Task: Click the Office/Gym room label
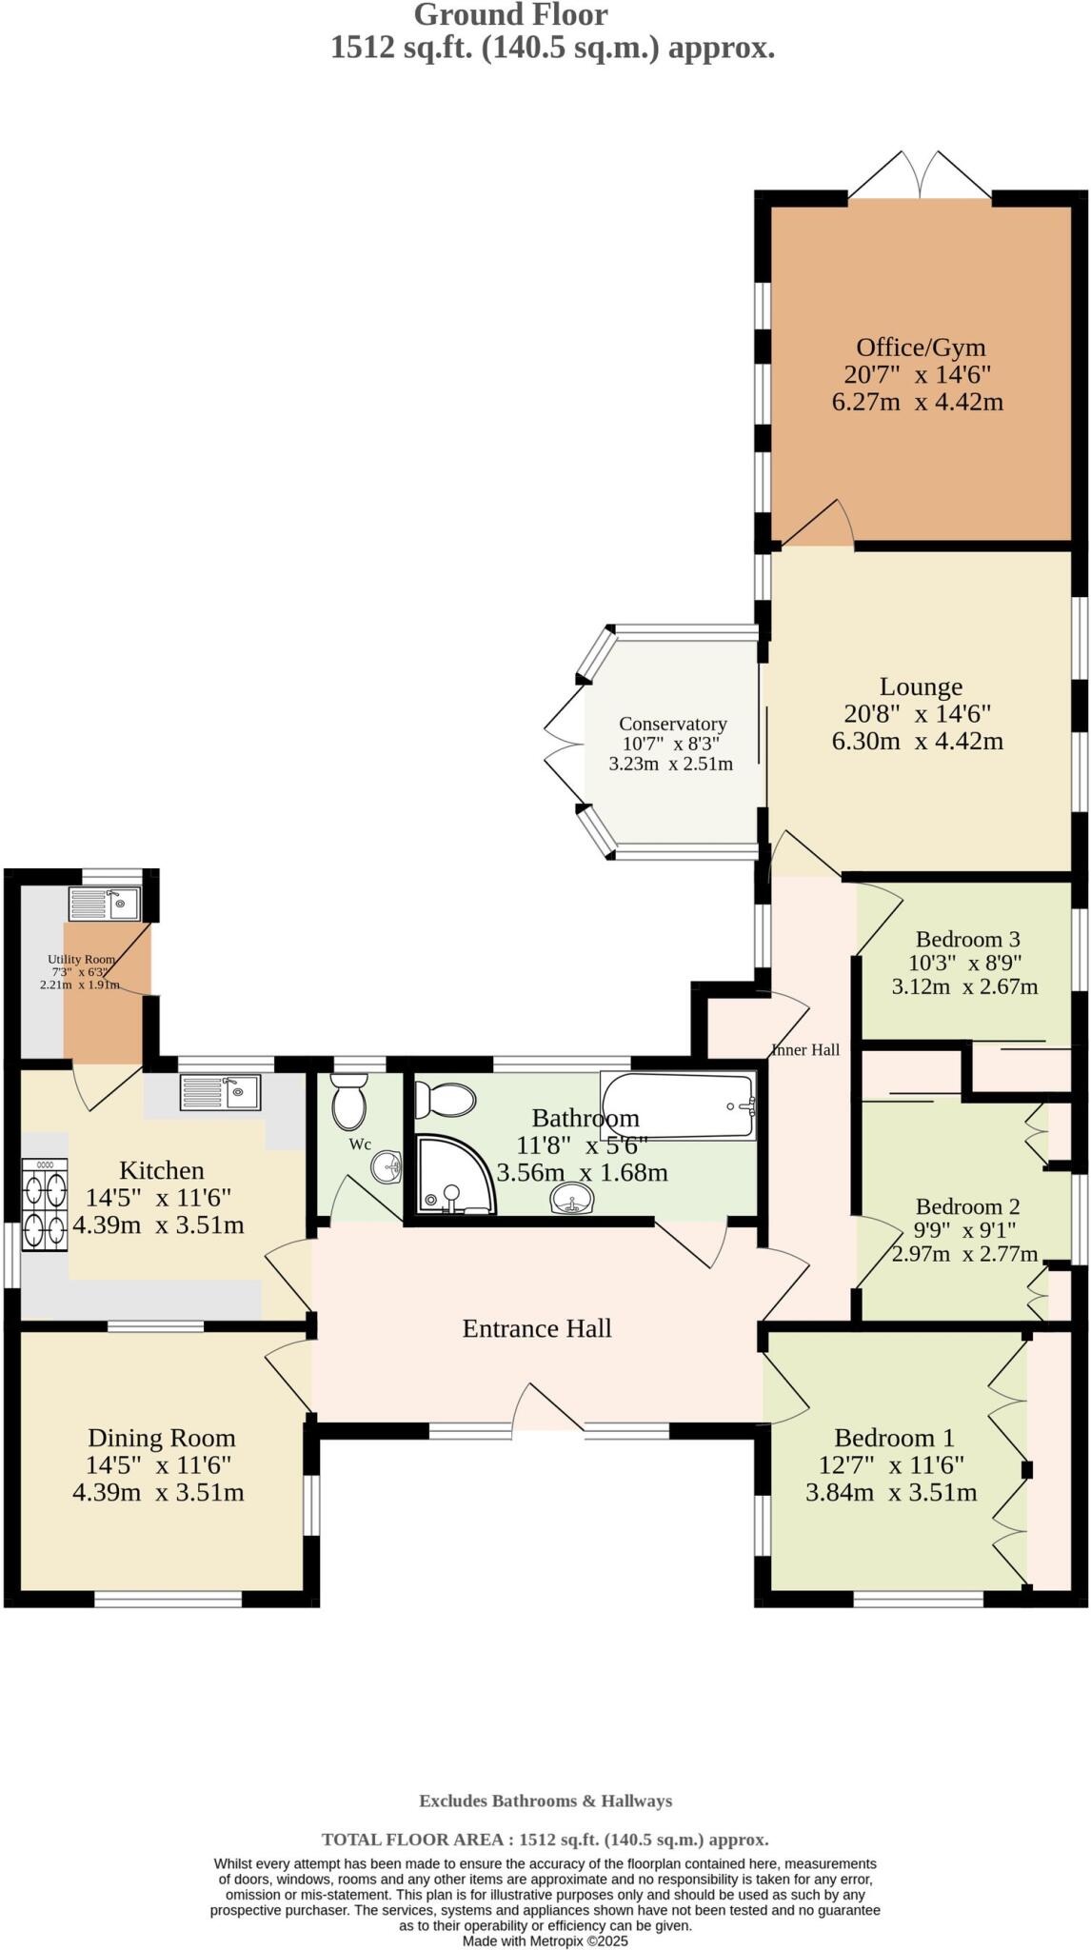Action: [x=920, y=348]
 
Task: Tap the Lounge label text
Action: [x=920, y=686]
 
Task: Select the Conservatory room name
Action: [x=672, y=724]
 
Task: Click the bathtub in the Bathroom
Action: [x=677, y=1104]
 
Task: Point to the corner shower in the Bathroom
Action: [x=455, y=1177]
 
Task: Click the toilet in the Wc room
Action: [x=348, y=1100]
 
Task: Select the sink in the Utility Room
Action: [x=105, y=903]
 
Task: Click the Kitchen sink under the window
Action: [x=219, y=1092]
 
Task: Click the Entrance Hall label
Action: [x=537, y=1328]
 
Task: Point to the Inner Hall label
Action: [x=805, y=1050]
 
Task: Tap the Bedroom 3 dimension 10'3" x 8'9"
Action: [x=964, y=963]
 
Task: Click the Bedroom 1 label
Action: [x=894, y=1438]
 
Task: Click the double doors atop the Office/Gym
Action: [x=920, y=177]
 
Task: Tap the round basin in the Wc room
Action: [x=387, y=1167]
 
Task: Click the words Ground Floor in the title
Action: [x=510, y=15]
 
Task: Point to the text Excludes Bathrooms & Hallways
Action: [x=545, y=1801]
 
